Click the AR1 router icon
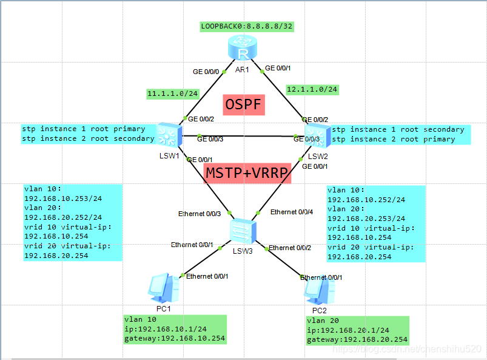pyautogui.click(x=241, y=49)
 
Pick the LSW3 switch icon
pyautogui.click(x=243, y=230)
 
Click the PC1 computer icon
pyautogui.click(x=160, y=287)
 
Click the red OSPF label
pyautogui.click(x=243, y=105)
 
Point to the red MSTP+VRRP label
pyautogui.click(x=247, y=172)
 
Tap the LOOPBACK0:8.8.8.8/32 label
pyautogui.click(x=247, y=27)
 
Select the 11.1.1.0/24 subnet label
pyautogui.click(x=173, y=93)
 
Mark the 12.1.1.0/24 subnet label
pyautogui.click(x=312, y=89)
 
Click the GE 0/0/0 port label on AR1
pyautogui.click(x=206, y=72)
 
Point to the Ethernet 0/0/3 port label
pyautogui.click(x=199, y=214)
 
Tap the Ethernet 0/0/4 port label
pyautogui.click(x=292, y=212)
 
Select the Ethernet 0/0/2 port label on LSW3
pyautogui.click(x=289, y=248)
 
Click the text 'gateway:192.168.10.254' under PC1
pyautogui.click(x=174, y=338)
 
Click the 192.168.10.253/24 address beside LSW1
pyautogui.click(x=62, y=198)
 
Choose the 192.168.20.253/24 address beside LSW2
pyautogui.click(x=366, y=219)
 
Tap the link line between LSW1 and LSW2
pyautogui.click(x=243, y=135)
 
